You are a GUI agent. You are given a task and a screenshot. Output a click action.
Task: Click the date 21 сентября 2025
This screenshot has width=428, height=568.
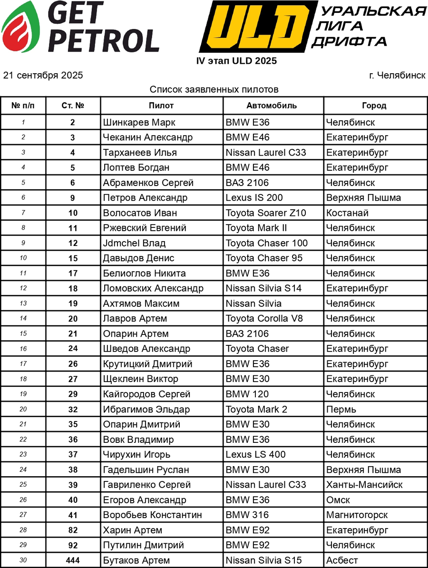(43, 75)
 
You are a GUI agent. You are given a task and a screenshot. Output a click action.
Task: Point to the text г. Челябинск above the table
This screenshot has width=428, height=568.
(397, 75)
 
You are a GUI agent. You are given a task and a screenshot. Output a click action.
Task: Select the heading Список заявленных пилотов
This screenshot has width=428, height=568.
(214, 89)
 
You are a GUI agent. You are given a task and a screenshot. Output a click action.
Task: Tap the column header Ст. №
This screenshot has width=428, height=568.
(73, 106)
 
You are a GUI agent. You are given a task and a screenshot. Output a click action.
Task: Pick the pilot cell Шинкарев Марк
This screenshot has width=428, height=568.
(139, 122)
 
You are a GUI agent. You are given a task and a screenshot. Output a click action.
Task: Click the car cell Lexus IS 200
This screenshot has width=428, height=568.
(254, 198)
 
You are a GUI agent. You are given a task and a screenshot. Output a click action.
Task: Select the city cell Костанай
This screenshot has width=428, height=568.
(347, 213)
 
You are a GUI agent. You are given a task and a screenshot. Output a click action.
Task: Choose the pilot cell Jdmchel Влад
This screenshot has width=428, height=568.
(134, 243)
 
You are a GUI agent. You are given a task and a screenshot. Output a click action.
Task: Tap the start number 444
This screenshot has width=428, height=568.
(73, 560)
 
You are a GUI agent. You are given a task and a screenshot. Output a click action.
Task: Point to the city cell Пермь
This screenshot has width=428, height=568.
(340, 409)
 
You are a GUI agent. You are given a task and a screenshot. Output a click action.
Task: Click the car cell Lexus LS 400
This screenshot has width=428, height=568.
(255, 454)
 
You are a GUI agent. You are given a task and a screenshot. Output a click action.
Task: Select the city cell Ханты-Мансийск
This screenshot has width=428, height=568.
(364, 485)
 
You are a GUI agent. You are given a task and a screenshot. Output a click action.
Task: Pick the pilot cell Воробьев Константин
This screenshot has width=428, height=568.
(152, 515)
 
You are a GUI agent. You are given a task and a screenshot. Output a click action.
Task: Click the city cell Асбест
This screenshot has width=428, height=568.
(342, 560)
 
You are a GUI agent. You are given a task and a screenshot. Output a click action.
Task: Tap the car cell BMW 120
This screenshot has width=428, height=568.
(247, 394)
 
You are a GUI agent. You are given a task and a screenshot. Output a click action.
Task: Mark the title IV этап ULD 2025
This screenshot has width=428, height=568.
(236, 61)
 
